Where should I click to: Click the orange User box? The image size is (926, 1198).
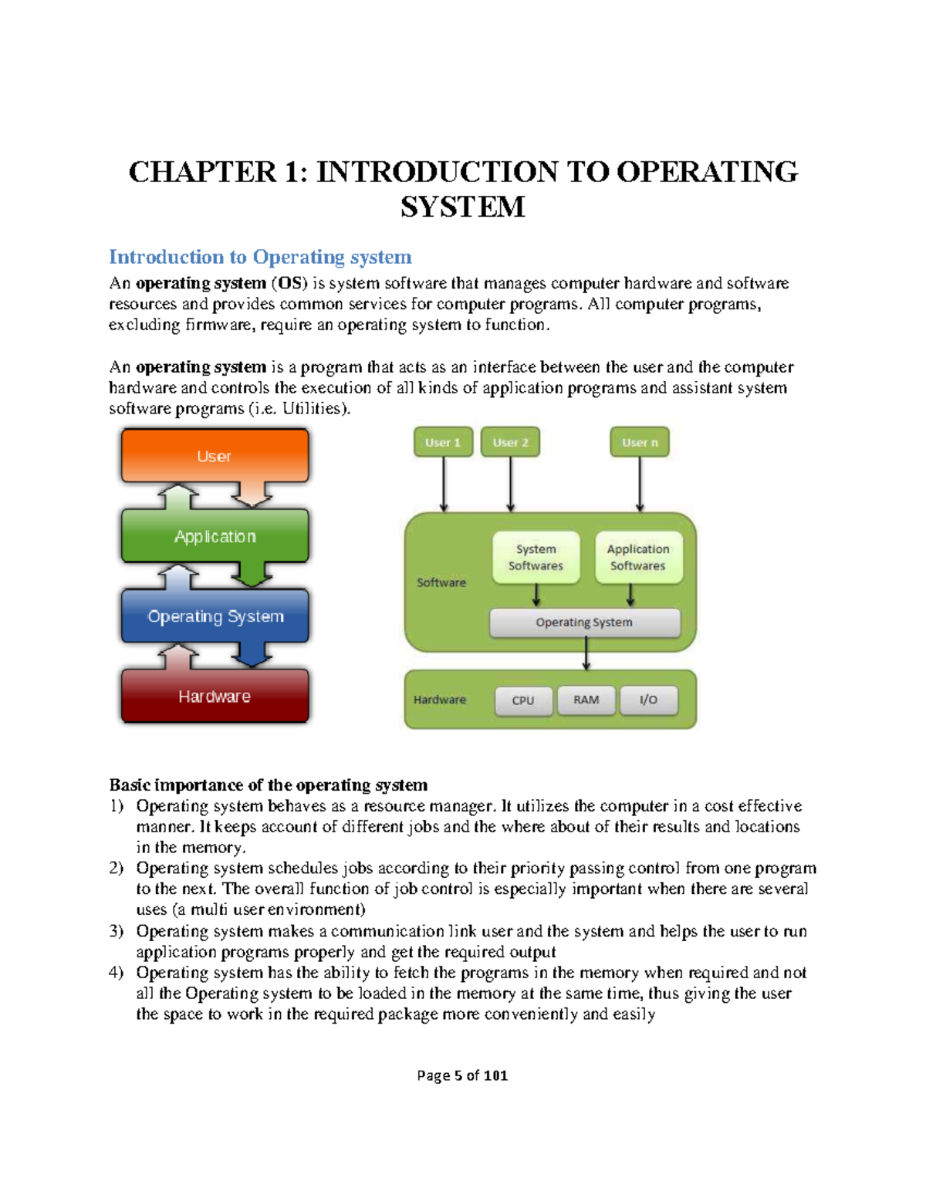click(x=215, y=456)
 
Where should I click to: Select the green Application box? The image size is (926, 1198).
click(x=215, y=536)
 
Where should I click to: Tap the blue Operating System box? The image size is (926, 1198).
click(x=215, y=616)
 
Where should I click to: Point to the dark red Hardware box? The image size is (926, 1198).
click(x=215, y=696)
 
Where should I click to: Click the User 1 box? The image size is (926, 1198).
click(x=443, y=443)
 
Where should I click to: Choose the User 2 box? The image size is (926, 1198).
click(x=510, y=443)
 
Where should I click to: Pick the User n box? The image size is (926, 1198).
click(x=640, y=443)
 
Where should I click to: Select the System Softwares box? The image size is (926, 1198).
click(x=536, y=557)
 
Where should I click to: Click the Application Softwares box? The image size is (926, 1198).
click(x=638, y=557)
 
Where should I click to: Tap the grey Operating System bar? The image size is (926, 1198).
click(x=585, y=623)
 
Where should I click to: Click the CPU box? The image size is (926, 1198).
click(x=523, y=700)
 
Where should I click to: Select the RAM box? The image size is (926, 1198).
click(x=586, y=700)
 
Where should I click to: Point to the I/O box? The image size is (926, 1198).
click(x=648, y=700)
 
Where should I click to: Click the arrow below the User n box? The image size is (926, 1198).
click(x=640, y=484)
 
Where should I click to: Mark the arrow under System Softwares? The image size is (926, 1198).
click(x=536, y=595)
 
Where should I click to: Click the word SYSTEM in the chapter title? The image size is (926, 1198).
click(x=463, y=207)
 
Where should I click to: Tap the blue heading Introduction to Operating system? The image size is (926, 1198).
click(x=260, y=257)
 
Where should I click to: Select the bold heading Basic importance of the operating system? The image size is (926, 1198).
click(x=268, y=785)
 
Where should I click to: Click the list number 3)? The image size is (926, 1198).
click(x=117, y=931)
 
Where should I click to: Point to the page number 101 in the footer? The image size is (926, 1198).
click(x=495, y=1075)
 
